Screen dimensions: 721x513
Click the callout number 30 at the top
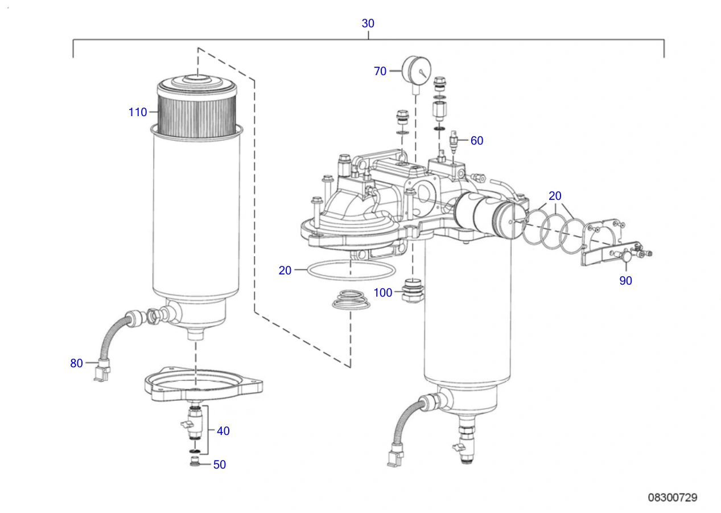point(368,23)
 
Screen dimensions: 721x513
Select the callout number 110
point(138,112)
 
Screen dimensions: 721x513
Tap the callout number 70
point(380,71)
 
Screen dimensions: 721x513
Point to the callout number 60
point(477,141)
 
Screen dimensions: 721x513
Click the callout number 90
point(626,281)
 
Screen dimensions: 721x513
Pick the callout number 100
point(383,293)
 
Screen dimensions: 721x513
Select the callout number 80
point(77,363)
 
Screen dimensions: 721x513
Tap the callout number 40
point(223,431)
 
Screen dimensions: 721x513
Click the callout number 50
point(220,465)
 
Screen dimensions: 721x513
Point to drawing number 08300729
point(673,498)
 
